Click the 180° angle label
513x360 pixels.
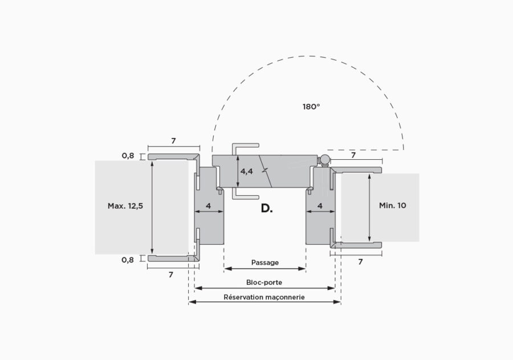tap(311, 107)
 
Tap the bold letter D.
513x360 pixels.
tap(267, 208)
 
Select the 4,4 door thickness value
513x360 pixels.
tap(247, 171)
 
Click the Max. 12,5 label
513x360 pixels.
tap(125, 206)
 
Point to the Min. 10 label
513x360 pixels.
tap(393, 205)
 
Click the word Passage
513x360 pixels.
tap(265, 262)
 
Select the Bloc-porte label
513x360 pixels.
tap(264, 282)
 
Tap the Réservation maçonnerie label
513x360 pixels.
tap(264, 297)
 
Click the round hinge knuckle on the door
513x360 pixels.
tap(324, 160)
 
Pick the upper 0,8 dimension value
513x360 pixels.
tap(128, 156)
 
